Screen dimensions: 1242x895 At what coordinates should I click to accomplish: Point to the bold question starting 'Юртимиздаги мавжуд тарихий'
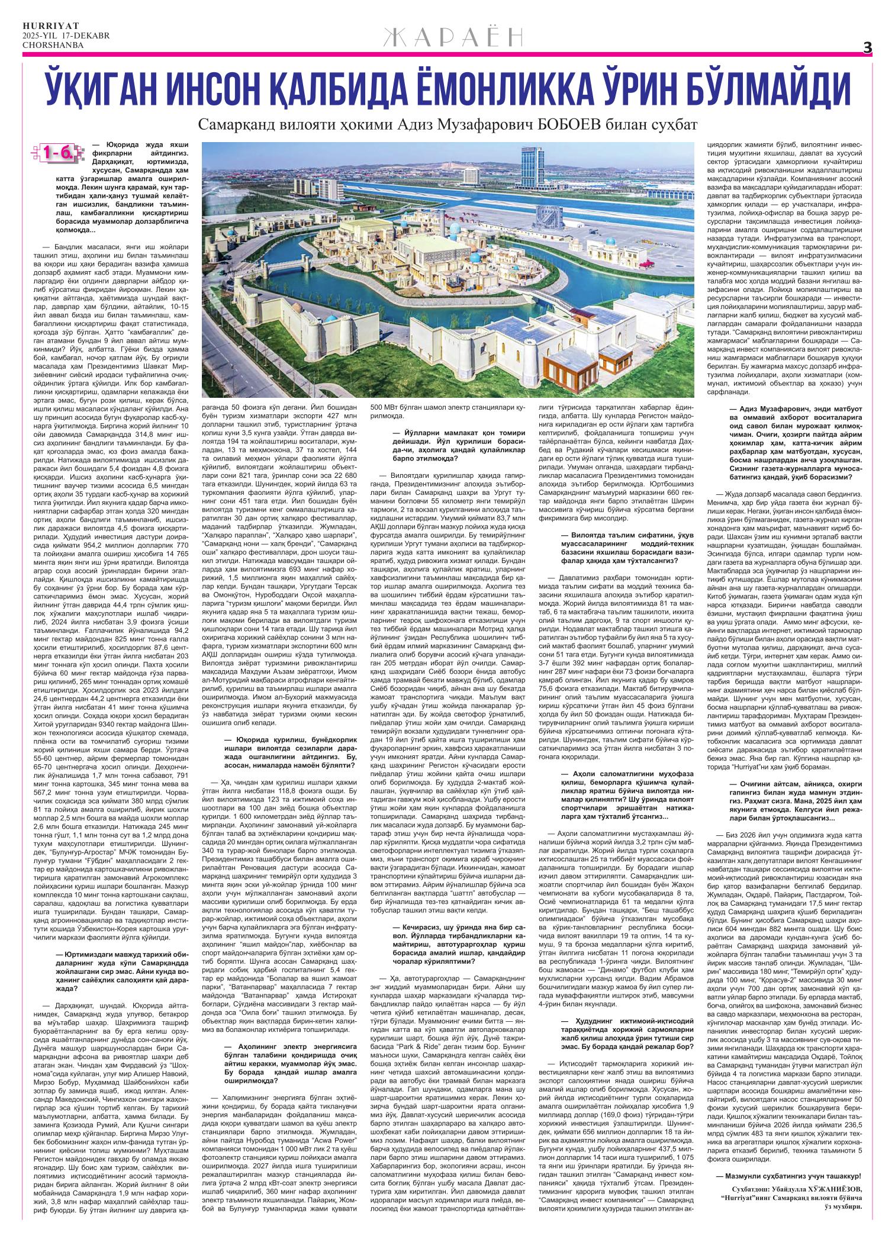(118, 970)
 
